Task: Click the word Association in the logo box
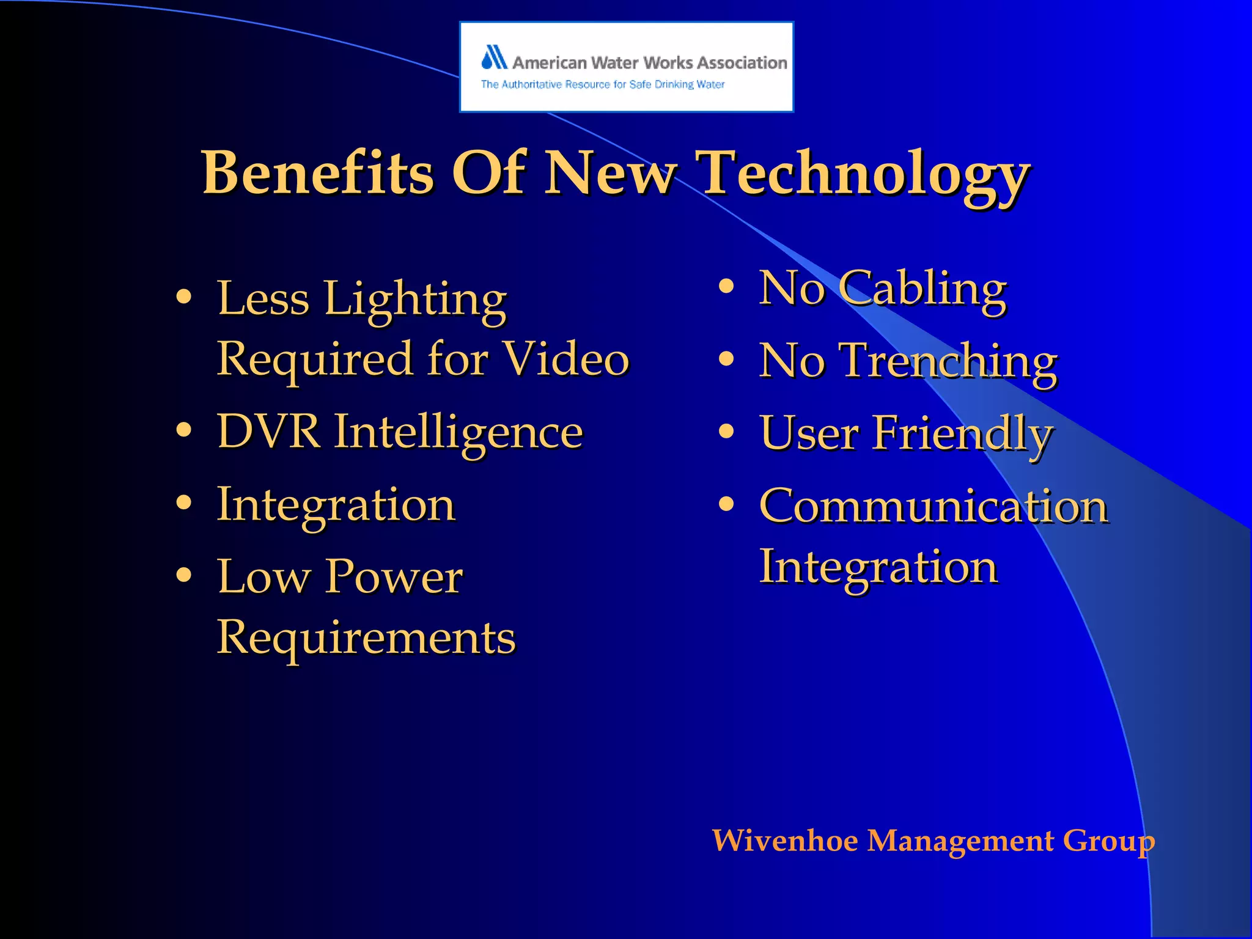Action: click(x=742, y=62)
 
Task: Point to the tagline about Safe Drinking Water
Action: click(x=602, y=84)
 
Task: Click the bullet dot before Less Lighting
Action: click(x=183, y=297)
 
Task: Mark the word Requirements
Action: click(x=366, y=637)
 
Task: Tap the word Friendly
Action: click(x=962, y=433)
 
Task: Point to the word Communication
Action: click(x=933, y=506)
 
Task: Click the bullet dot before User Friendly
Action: click(x=726, y=432)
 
